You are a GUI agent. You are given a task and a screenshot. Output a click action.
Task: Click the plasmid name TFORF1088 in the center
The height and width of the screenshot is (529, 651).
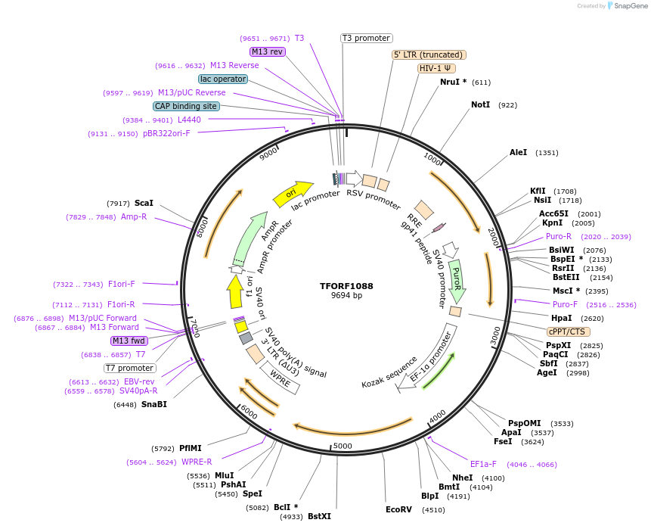coord(346,286)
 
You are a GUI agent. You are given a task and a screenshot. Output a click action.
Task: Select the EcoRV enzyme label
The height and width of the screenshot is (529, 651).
coord(398,509)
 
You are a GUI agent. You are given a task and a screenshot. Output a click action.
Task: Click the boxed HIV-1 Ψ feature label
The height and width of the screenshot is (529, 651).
coord(436,68)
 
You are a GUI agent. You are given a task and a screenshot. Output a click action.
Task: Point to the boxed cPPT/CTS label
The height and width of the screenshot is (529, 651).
coord(569,331)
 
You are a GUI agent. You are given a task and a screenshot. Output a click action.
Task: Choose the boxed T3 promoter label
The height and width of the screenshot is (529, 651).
coord(366,38)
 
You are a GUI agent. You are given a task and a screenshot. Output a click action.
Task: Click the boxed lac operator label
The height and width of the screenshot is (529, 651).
coord(223,79)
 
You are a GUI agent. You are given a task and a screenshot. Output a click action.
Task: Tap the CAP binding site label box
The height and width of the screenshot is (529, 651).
coord(186,106)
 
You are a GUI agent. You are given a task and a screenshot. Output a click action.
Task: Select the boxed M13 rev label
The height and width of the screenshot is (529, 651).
coord(267,51)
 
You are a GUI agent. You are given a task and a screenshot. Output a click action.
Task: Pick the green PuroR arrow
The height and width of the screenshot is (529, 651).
coord(456,279)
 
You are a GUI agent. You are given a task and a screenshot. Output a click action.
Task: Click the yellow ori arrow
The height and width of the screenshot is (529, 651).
coord(293,194)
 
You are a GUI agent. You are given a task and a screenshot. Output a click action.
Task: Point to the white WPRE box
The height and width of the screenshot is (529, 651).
coord(281,378)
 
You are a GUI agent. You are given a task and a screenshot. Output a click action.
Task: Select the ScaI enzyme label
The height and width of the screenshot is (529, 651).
coord(144,203)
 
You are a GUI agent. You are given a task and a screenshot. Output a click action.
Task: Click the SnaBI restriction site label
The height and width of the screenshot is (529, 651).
coord(153,404)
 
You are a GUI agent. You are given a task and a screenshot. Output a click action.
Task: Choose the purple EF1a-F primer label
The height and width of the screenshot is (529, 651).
coord(483,464)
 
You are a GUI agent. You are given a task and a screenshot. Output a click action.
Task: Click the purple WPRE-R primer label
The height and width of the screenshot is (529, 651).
coord(197,462)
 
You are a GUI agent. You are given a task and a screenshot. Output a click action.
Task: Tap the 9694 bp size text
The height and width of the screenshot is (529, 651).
coord(346,296)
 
